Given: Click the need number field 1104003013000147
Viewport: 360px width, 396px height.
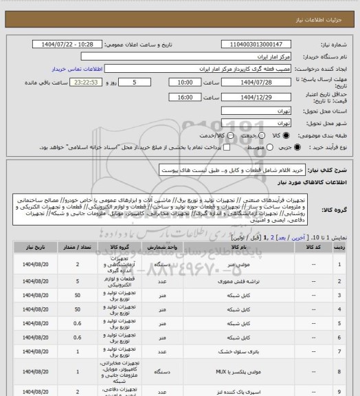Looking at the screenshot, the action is click(x=261, y=45).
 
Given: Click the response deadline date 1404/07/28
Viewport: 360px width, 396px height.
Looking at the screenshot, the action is click(x=261, y=81).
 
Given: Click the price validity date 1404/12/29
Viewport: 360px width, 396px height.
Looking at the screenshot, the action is click(x=261, y=98).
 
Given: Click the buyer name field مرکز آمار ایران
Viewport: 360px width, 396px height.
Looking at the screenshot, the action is click(x=261, y=56).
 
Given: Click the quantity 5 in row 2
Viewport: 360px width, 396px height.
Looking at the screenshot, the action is click(x=80, y=281).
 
